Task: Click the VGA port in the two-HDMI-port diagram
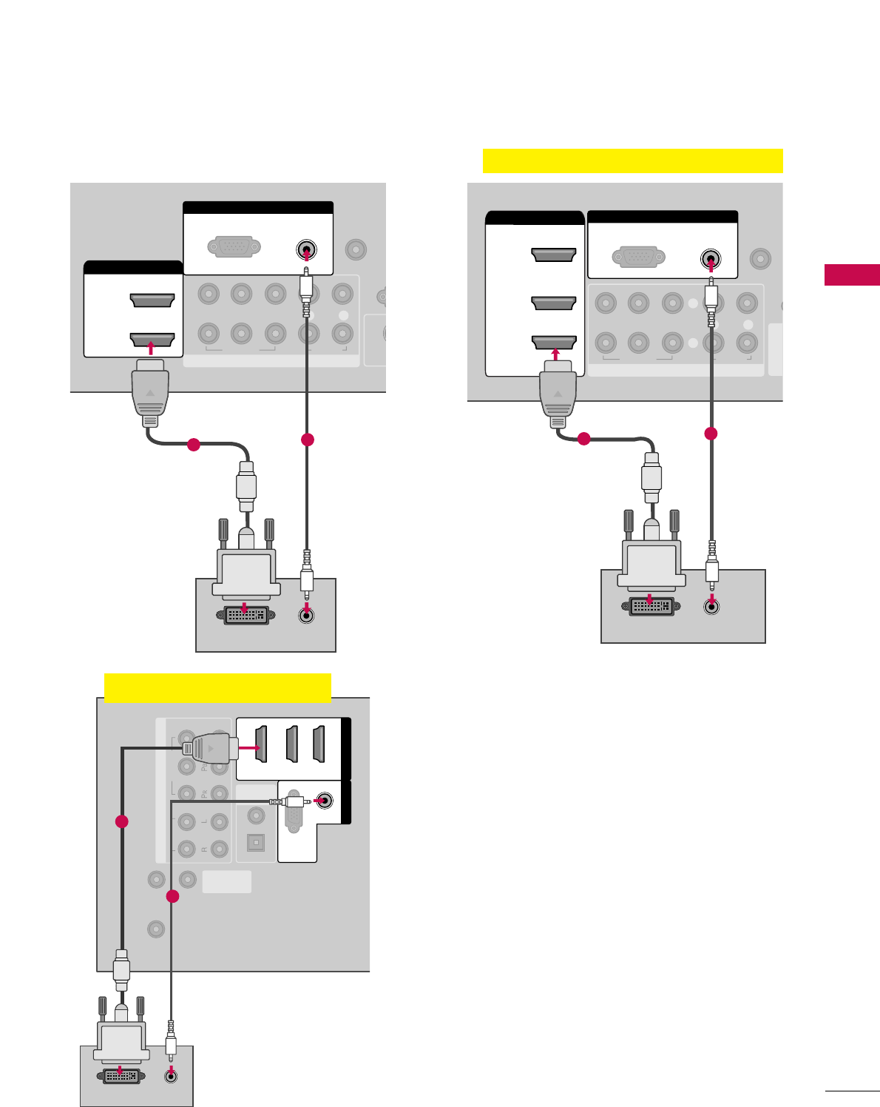tap(234, 246)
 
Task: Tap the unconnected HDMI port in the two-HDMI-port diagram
tap(152, 300)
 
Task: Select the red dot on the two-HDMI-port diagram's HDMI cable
tap(193, 445)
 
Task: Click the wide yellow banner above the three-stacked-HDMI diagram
tap(632, 161)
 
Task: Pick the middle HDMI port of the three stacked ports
tap(553, 303)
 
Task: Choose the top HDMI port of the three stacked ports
tap(553, 255)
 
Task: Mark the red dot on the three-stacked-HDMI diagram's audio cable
tap(711, 433)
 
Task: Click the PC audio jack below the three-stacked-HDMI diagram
tap(711, 606)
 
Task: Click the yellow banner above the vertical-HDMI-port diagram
tap(217, 687)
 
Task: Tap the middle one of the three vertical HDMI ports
tap(292, 744)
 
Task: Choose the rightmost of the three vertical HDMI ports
tap(319, 744)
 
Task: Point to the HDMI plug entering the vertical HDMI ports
tap(211, 749)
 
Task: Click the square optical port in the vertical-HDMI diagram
tap(256, 842)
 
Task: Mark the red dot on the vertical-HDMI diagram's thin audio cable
tap(172, 897)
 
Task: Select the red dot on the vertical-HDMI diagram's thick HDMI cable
tap(122, 821)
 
